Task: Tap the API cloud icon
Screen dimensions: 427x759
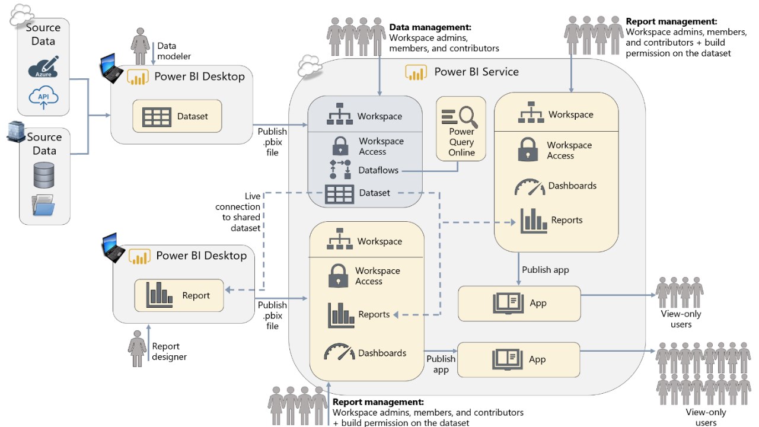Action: (43, 97)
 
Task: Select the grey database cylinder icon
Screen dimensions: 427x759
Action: (44, 174)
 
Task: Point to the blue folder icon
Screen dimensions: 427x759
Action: (44, 205)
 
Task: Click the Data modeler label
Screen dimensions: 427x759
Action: (167, 50)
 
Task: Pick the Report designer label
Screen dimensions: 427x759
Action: (169, 351)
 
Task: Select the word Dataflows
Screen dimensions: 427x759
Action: (378, 170)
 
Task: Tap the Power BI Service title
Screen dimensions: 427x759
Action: (476, 72)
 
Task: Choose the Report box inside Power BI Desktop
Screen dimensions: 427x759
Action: (179, 295)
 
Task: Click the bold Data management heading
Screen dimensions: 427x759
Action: (430, 27)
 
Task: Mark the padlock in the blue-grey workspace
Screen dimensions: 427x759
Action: (340, 146)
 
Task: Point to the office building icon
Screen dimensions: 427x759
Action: (15, 132)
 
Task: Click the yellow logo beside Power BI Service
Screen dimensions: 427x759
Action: (416, 72)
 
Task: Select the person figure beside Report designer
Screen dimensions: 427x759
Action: (138, 352)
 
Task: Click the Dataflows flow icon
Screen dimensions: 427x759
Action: (340, 170)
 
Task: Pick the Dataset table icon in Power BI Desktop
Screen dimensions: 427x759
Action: (157, 116)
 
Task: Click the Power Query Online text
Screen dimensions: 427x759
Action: (461, 142)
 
